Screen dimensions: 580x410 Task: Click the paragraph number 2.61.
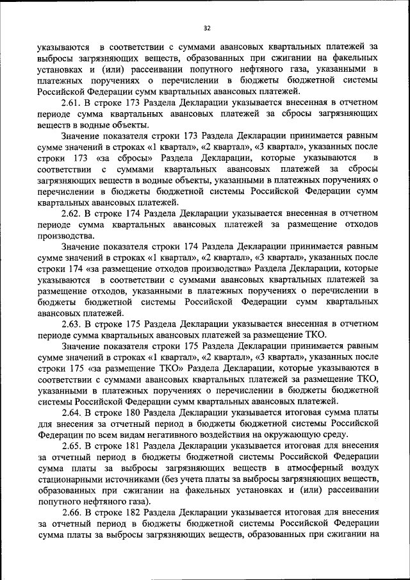[72, 103]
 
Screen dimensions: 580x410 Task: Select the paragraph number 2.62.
[72, 211]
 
